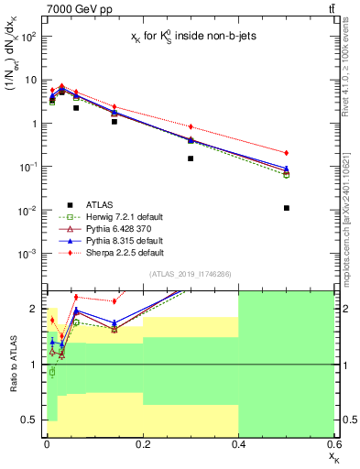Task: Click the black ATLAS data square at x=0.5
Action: click(287, 208)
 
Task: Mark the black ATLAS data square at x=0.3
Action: click(191, 158)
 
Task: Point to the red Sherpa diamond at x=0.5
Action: click(287, 152)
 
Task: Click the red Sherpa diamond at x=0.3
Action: click(191, 126)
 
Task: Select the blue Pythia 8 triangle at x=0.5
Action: click(287, 169)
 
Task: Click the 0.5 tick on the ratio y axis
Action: click(31, 420)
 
